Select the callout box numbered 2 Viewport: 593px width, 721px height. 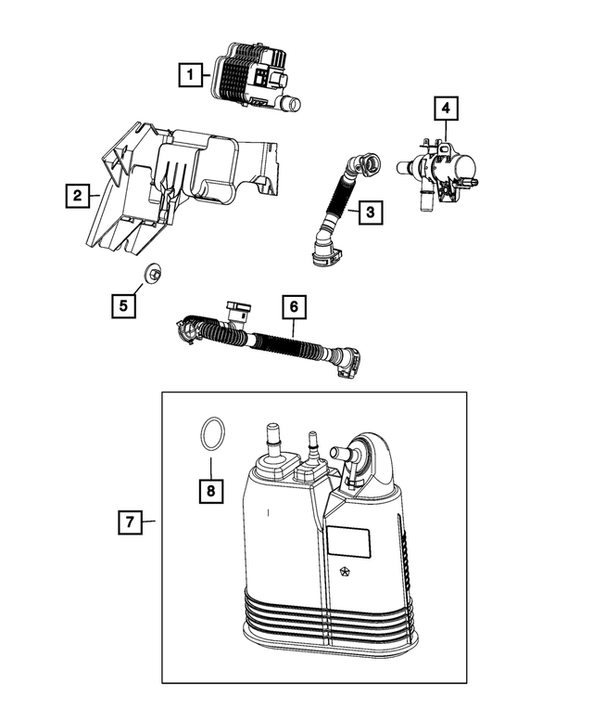(75, 196)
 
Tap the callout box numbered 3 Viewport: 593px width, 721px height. (370, 212)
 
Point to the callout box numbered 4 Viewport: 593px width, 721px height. (446, 109)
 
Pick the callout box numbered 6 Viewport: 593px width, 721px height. (292, 305)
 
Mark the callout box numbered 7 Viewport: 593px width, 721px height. (131, 522)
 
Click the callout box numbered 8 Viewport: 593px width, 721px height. (211, 491)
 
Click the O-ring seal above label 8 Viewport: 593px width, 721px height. (210, 434)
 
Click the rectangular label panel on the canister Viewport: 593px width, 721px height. (349, 542)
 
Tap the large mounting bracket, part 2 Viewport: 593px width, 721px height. (176, 181)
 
